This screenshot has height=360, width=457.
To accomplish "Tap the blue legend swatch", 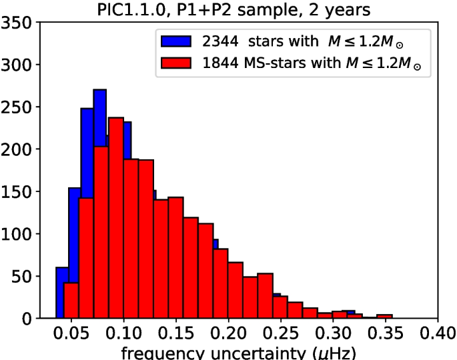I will point(175,43).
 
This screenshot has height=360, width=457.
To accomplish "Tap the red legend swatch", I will point(175,63).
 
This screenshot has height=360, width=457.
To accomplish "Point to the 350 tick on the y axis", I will point(19,23).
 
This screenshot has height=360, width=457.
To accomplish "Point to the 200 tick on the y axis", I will point(19,149).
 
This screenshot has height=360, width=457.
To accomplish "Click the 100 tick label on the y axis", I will point(19,234).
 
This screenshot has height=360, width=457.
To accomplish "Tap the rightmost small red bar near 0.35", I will point(384,316).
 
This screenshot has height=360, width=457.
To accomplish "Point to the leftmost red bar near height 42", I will point(71,301).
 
